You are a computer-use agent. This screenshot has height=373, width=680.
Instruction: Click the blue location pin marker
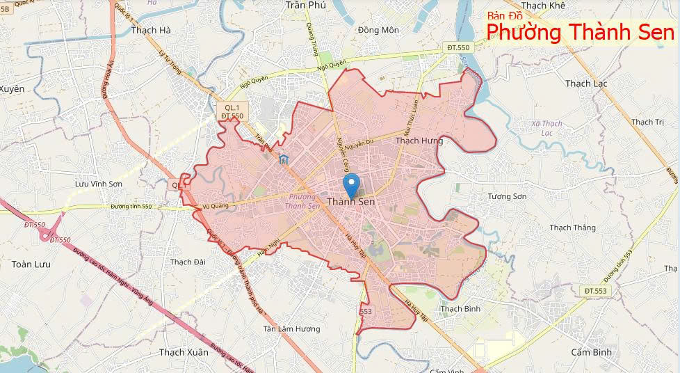(x=352, y=184)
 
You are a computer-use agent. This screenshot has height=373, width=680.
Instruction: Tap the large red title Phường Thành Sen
(x=580, y=33)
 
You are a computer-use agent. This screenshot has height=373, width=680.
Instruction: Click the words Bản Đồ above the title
(x=504, y=15)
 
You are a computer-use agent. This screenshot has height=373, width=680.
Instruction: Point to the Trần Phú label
(x=305, y=5)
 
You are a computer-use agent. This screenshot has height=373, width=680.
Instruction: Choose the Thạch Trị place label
(x=647, y=122)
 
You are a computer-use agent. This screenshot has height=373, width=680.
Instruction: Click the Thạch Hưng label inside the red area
(x=419, y=141)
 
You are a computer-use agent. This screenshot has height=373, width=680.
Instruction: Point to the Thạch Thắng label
(x=572, y=228)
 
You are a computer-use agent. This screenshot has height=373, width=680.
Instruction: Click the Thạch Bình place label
(x=460, y=308)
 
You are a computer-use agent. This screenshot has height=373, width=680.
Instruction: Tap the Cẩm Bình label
(x=591, y=352)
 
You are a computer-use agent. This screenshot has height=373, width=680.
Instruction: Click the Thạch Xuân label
(x=183, y=352)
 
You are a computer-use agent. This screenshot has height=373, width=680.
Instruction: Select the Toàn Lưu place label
(x=31, y=264)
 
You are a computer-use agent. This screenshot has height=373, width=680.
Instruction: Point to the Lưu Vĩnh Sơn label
(x=99, y=184)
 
